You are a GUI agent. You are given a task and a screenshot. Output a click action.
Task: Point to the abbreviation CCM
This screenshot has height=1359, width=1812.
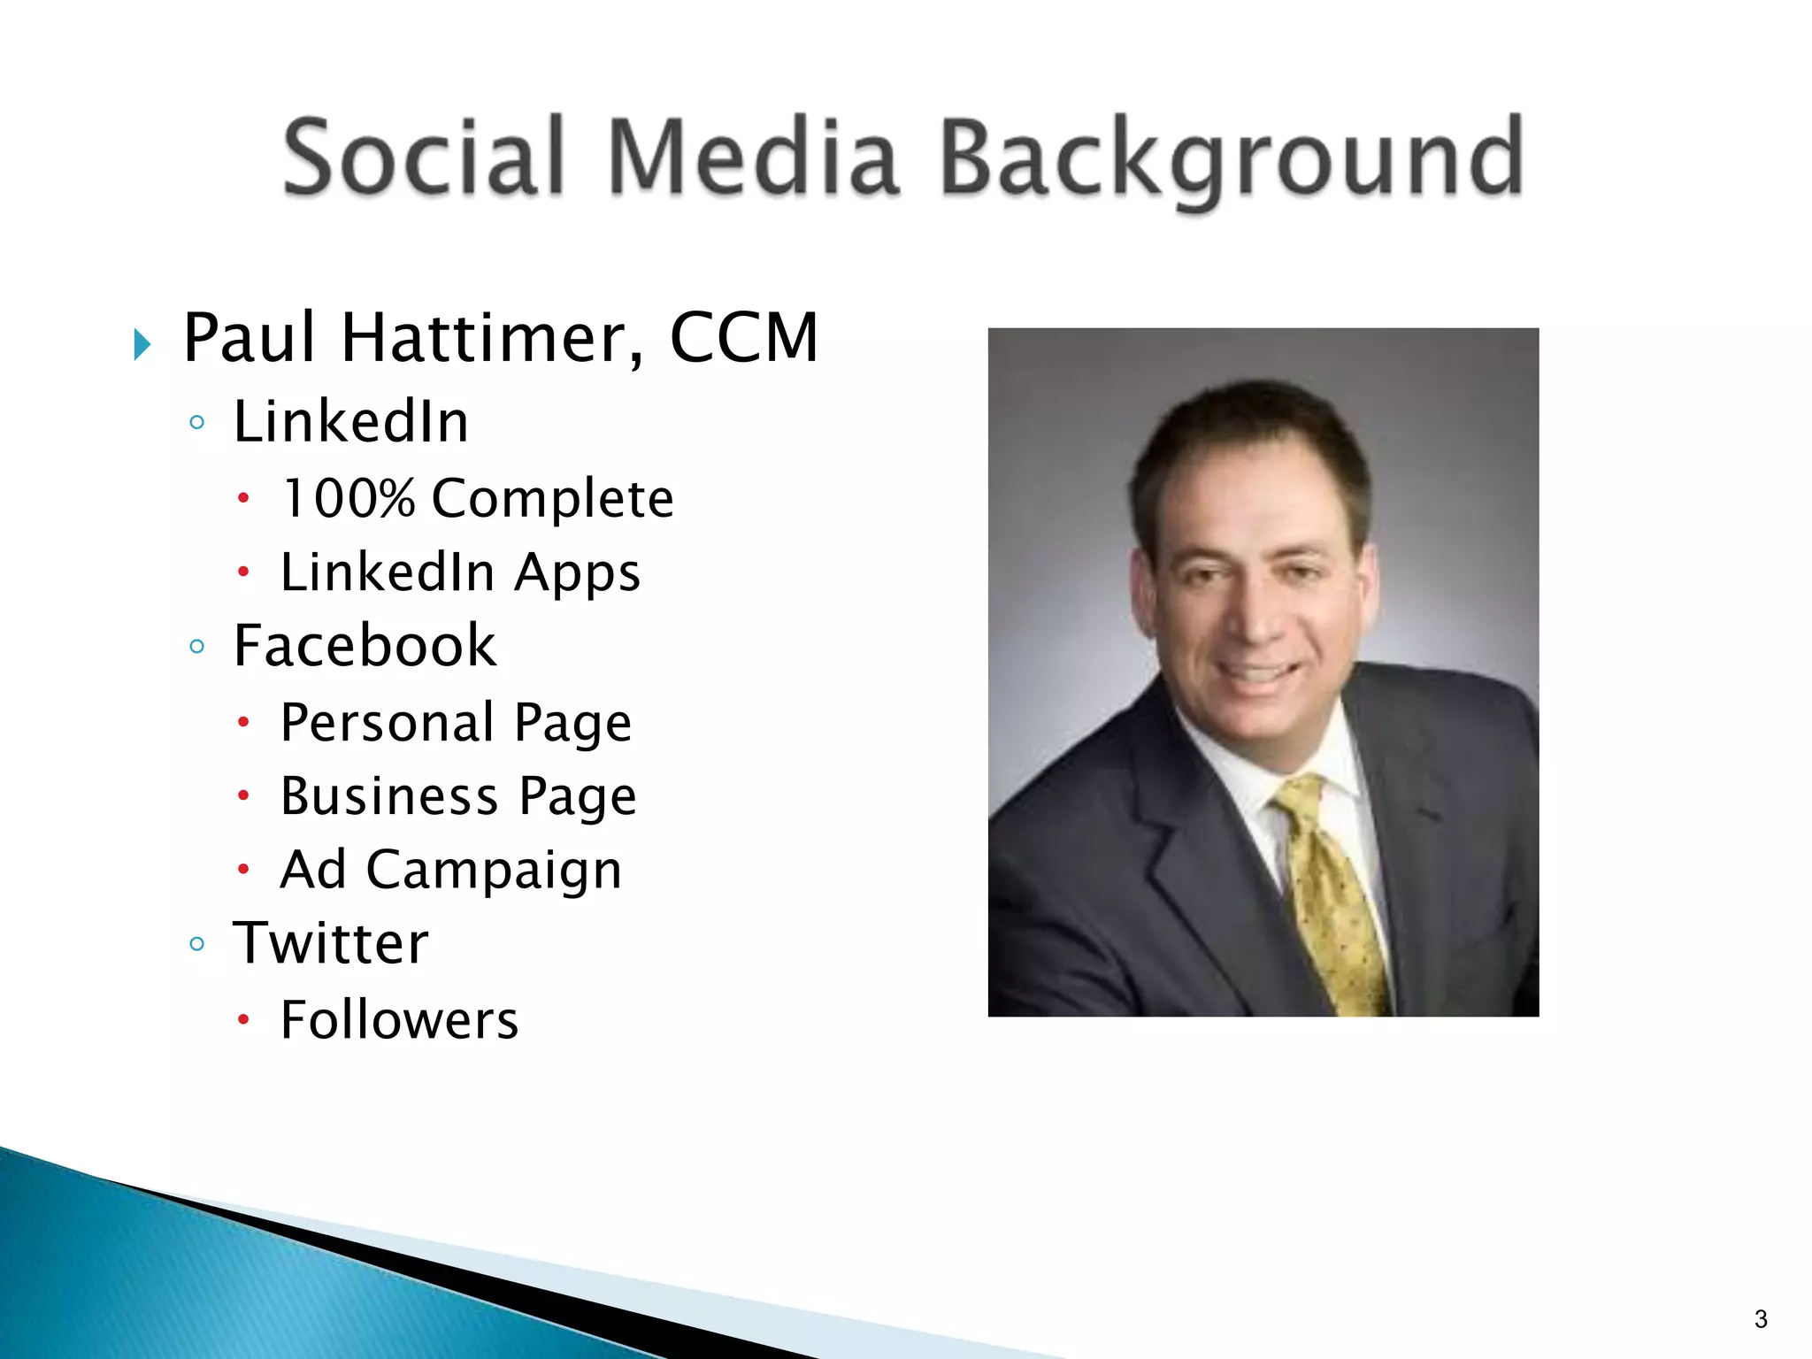tap(744, 338)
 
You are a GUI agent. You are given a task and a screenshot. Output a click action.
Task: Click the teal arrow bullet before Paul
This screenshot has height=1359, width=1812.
tap(142, 343)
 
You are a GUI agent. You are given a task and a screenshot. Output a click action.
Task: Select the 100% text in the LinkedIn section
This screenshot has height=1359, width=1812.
tap(348, 498)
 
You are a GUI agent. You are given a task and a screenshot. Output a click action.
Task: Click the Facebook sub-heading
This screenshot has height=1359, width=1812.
tap(365, 645)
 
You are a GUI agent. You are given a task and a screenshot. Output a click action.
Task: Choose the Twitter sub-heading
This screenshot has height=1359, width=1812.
tap(331, 943)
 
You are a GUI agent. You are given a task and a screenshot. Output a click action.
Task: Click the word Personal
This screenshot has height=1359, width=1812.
tap(386, 723)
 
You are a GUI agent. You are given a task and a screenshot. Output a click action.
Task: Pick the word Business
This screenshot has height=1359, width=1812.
tap(389, 796)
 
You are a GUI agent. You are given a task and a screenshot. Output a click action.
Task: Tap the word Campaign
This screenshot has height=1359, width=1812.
tap(494, 871)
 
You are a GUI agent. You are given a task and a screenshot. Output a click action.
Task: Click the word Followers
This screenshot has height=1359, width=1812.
tap(399, 1020)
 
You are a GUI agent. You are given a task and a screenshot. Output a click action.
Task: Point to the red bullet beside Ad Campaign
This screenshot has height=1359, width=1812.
tap(243, 869)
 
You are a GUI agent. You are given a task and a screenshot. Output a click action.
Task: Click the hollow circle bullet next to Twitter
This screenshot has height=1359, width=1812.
tap(196, 944)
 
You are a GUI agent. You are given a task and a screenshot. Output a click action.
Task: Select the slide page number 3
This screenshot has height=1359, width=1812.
tap(1761, 1319)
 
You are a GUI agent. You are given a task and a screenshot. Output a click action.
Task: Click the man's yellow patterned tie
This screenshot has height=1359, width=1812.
tap(1332, 894)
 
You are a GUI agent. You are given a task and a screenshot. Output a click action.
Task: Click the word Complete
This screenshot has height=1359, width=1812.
tap(553, 498)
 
